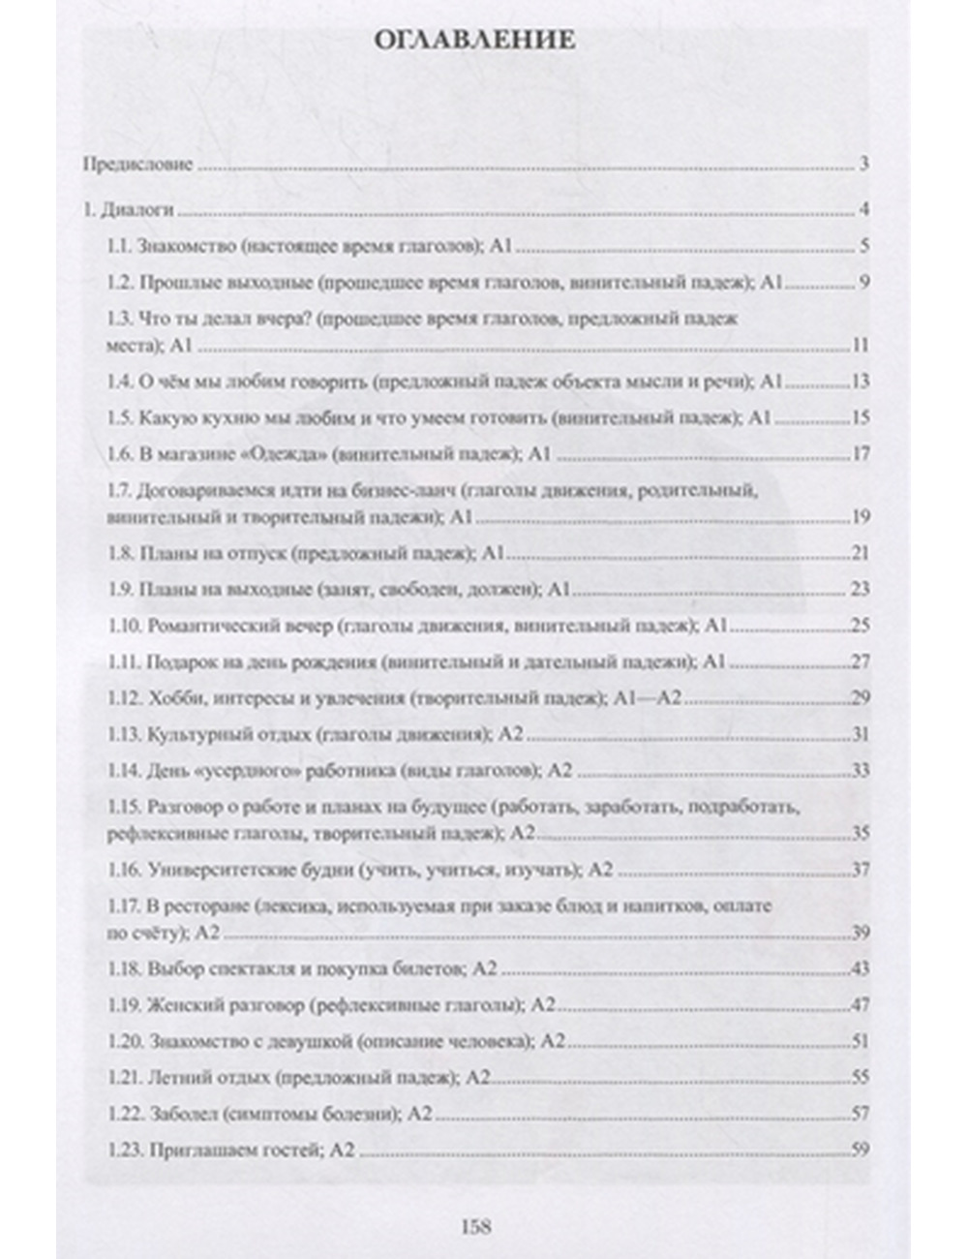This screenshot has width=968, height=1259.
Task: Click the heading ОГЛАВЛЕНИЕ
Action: point(474,41)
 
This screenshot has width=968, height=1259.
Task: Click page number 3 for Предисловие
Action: point(862,164)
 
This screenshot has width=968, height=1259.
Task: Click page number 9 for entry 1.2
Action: point(863,283)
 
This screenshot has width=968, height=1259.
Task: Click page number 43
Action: point(860,969)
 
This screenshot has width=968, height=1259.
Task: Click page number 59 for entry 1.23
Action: point(860,1151)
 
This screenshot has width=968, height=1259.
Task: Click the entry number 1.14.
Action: point(123,771)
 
